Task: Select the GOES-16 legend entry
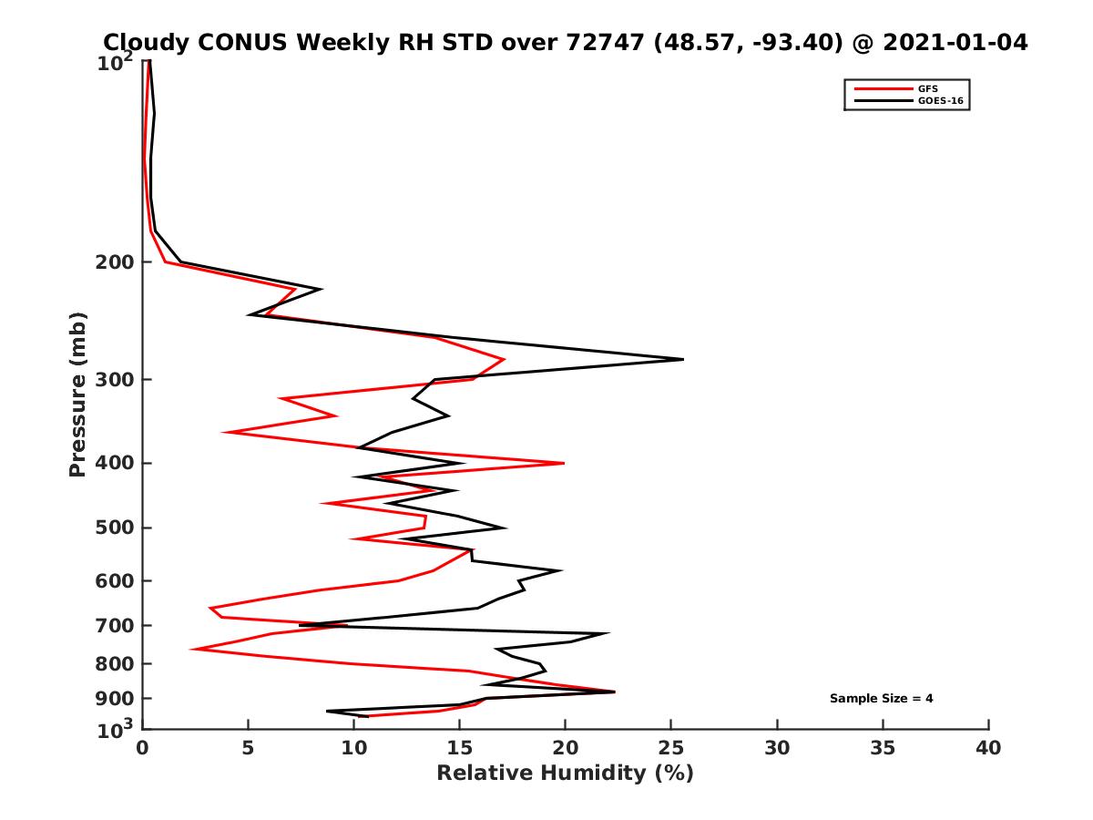tap(937, 101)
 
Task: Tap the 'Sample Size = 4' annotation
tap(881, 699)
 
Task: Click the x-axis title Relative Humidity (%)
tap(565, 774)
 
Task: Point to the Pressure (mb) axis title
tap(77, 395)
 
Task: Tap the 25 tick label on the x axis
tap(670, 748)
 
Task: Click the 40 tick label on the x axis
tap(988, 748)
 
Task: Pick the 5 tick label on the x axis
tap(248, 748)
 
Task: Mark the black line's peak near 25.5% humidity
tap(682, 359)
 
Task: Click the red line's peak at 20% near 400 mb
tap(564, 463)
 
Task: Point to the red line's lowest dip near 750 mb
tap(192, 649)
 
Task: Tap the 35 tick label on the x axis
tap(883, 748)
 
